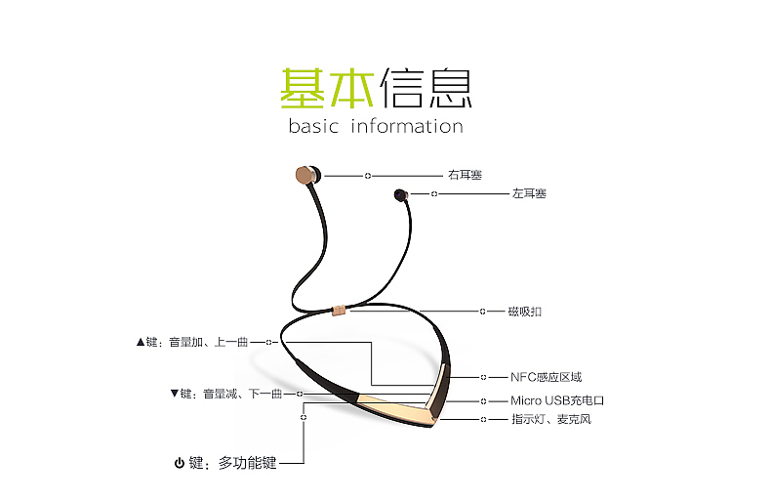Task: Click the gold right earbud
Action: point(306,176)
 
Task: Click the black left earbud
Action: point(399,195)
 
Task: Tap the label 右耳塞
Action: point(466,175)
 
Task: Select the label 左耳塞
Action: point(529,193)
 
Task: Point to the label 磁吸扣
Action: point(524,312)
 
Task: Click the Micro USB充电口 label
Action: point(557,400)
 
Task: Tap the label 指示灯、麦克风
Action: point(551,419)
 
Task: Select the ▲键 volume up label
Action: point(191,343)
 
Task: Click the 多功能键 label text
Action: point(248,463)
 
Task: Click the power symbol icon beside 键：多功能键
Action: point(180,463)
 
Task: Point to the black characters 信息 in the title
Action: point(426,89)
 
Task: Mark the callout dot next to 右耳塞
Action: point(368,176)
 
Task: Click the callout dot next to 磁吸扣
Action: point(483,312)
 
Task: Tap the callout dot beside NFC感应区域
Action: point(483,377)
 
